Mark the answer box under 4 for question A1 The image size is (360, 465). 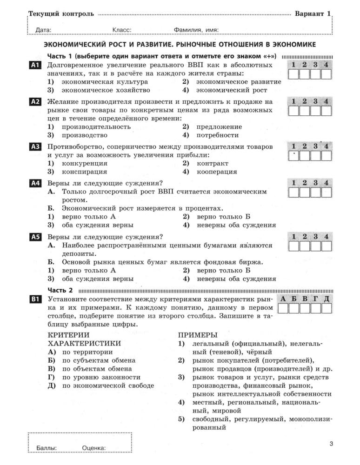tap(326, 75)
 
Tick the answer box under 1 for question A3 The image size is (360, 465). tap(293, 156)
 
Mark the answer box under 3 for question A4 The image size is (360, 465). tap(315, 193)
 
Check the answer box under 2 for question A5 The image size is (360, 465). tap(304, 246)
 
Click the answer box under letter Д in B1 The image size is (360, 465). tap(327, 309)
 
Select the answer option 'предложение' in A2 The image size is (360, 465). tap(219, 126)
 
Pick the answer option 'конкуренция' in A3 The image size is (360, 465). tap(84, 163)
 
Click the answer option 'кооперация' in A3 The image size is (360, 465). tap(217, 172)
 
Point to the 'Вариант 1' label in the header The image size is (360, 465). tap(312, 13)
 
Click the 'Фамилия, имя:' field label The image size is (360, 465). tap(196, 30)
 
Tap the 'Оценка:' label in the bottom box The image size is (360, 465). tap(93, 448)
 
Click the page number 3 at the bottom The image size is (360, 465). tap(331, 444)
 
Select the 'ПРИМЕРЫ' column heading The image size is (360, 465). tap(198, 335)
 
